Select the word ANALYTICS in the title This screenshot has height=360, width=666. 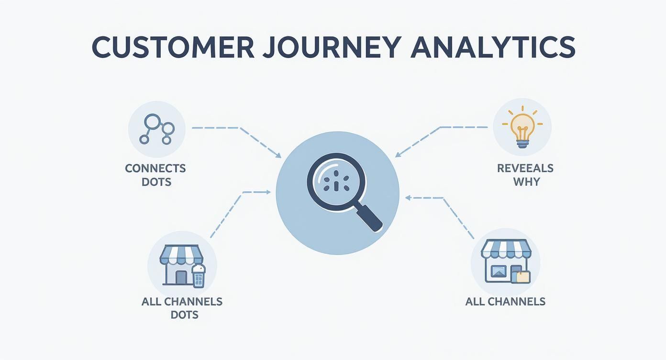[493, 47]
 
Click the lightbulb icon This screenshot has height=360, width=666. [522, 127]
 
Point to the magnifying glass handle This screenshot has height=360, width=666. [369, 216]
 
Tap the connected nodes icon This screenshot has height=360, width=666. [157, 129]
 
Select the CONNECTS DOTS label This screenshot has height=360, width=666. [155, 175]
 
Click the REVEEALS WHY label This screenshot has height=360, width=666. [525, 175]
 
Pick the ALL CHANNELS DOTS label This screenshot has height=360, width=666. [182, 308]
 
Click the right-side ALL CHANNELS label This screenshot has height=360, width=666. [505, 302]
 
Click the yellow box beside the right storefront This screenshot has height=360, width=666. [522, 276]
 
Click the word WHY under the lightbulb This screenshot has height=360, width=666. [526, 182]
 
